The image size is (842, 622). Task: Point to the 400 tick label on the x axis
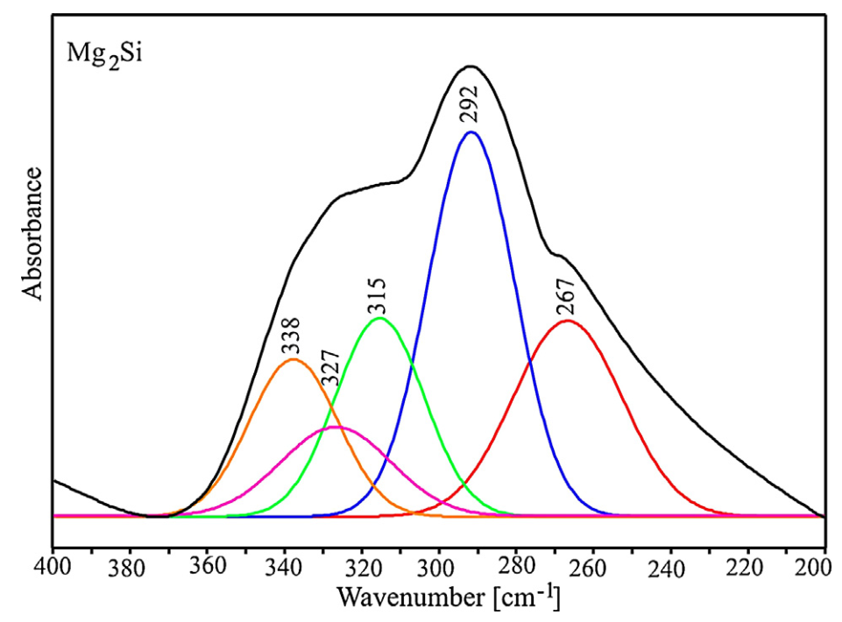click(x=53, y=569)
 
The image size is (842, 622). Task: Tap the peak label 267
click(x=565, y=296)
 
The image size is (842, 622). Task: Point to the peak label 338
click(x=291, y=336)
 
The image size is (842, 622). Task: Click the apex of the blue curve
click(x=471, y=132)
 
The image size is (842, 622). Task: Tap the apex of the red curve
click(x=567, y=321)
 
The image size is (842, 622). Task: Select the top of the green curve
click(x=380, y=318)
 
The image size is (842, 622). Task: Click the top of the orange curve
click(x=294, y=359)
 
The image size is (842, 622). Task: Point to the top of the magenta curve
click(x=336, y=427)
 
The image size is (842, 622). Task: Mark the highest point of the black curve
click(x=471, y=66)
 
